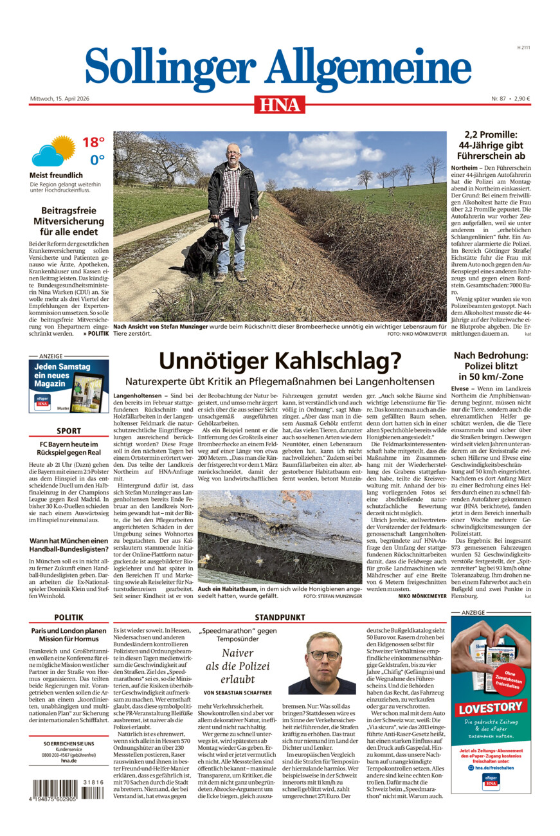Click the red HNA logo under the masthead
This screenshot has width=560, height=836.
pyautogui.click(x=279, y=104)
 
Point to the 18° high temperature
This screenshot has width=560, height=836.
pyautogui.click(x=93, y=142)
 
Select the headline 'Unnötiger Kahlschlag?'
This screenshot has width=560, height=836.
pyautogui.click(x=280, y=361)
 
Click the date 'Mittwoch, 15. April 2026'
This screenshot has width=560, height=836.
pyautogui.click(x=60, y=98)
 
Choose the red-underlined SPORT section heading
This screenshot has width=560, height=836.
pyautogui.click(x=69, y=431)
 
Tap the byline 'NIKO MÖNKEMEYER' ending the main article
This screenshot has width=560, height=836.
pyautogui.click(x=422, y=596)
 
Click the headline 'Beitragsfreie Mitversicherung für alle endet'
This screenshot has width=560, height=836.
pyautogui.click(x=69, y=221)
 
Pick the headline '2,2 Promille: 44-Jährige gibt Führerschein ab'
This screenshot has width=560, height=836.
pyautogui.click(x=491, y=145)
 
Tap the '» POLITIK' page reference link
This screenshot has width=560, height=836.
pyautogui.click(x=96, y=334)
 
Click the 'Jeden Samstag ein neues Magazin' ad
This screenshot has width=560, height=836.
pyautogui.click(x=69, y=386)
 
